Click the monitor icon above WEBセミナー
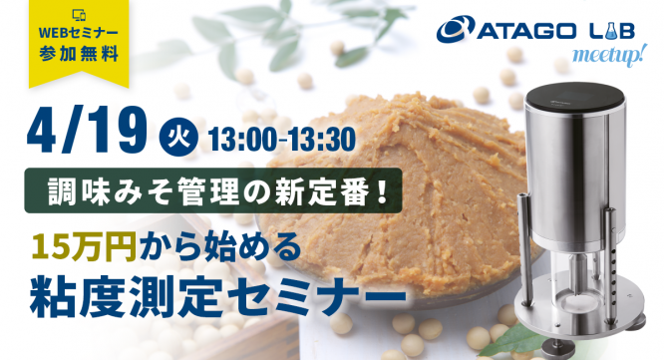tap(79, 13)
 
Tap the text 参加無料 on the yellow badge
tap(79, 50)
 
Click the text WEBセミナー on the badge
tap(79, 32)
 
